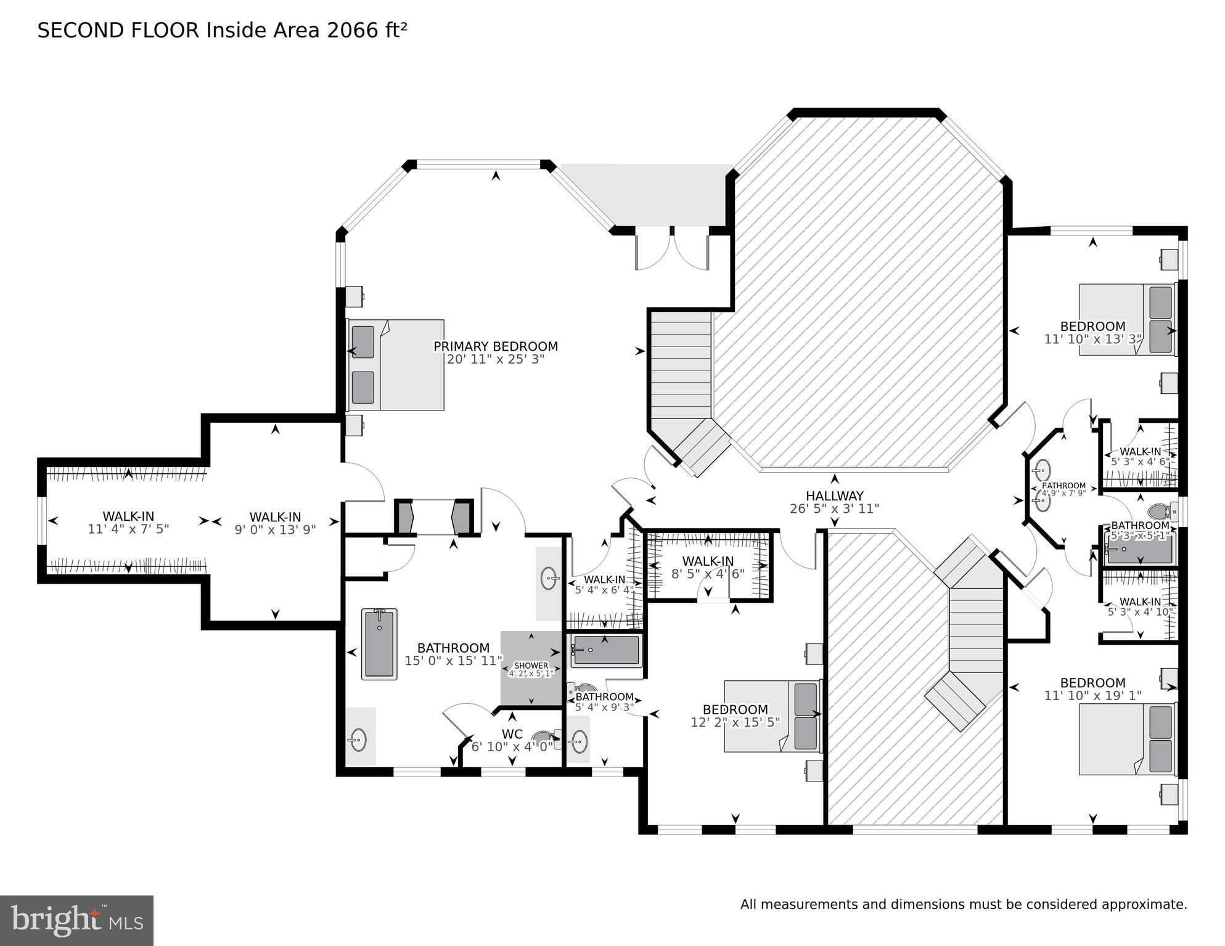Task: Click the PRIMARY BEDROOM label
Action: click(x=495, y=346)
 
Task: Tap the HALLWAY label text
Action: click(x=834, y=495)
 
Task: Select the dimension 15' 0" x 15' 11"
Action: click(x=453, y=661)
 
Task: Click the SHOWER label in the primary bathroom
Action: click(x=531, y=666)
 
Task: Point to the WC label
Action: click(x=512, y=734)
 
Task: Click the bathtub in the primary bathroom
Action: click(x=379, y=643)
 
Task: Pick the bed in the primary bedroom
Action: click(x=396, y=365)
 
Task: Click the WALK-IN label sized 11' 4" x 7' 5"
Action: click(x=128, y=516)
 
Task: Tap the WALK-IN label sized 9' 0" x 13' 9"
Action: click(x=275, y=517)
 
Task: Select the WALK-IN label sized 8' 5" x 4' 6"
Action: click(x=708, y=561)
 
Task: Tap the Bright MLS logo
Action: click(x=76, y=920)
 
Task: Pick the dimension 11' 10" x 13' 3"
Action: click(x=1092, y=339)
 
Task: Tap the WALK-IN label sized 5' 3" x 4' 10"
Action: click(x=1140, y=601)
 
